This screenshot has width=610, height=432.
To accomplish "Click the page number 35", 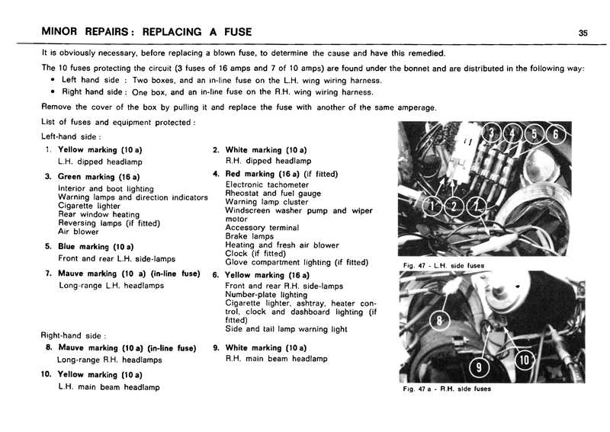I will click(583, 32).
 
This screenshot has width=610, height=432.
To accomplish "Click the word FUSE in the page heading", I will click(230, 32).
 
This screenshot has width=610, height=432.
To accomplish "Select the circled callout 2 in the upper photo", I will click(455, 206).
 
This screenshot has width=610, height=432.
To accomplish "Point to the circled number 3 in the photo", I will click(496, 133).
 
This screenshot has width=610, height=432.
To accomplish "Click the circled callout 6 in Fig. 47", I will click(556, 133).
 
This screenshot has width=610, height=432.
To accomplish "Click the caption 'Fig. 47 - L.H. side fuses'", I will click(444, 265).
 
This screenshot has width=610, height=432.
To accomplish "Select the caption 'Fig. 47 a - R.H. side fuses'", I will click(447, 389).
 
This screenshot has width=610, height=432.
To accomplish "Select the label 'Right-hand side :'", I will click(74, 335).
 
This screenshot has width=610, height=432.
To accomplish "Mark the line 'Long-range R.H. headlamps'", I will click(111, 360).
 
